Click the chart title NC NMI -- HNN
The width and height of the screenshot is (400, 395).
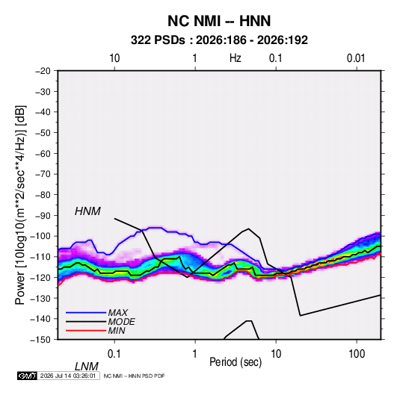pos(219,21)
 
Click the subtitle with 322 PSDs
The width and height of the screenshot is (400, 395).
pos(219,40)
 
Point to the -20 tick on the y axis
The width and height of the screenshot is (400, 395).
pos(43,71)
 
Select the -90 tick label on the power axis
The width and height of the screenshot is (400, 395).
pos(43,216)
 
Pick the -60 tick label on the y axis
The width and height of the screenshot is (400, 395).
pos(43,154)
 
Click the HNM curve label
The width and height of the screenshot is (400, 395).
pos(87,211)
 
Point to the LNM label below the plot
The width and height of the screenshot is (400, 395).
pos(87,367)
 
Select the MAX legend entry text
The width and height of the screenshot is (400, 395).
pos(118,313)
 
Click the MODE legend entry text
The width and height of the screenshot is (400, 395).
pos(121,322)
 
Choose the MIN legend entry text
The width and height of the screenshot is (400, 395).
pos(117,331)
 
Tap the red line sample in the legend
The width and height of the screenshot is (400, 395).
pos(86,331)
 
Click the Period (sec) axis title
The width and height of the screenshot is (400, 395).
pos(236,362)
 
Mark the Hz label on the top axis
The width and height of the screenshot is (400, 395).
pos(236,58)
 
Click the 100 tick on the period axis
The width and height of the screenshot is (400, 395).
pos(357,354)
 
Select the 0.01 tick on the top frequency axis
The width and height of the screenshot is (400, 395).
pos(356,58)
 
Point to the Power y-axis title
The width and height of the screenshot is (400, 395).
pos(20,205)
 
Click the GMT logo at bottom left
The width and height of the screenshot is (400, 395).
pos(28,376)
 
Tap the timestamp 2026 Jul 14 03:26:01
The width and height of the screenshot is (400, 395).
pos(68,376)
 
